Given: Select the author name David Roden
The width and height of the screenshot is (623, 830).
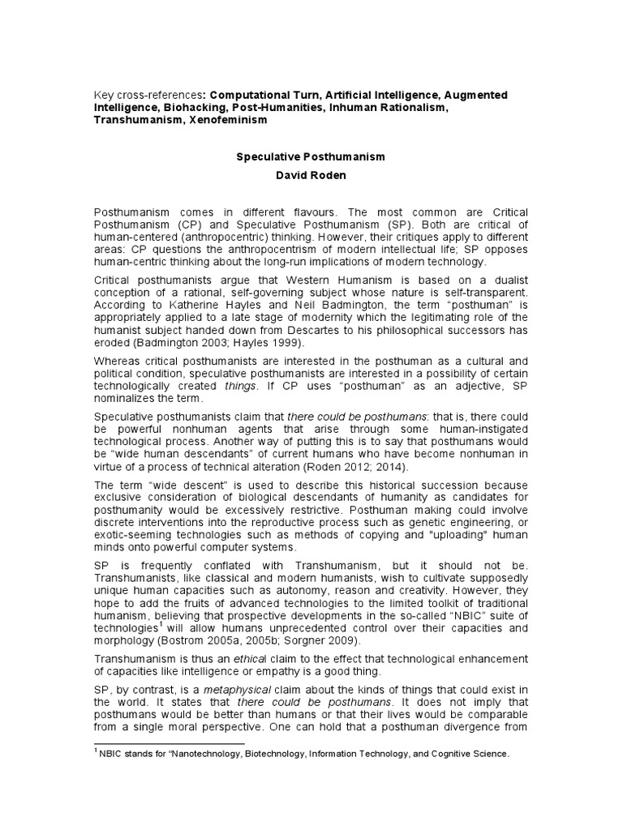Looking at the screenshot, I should (311, 174).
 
